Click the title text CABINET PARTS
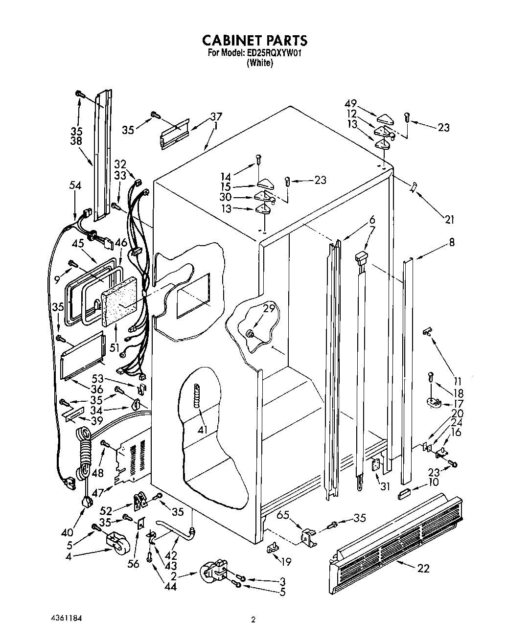click(255, 40)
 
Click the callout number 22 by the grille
click(424, 568)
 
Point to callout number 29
click(269, 309)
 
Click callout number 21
click(450, 220)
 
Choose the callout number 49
click(364, 103)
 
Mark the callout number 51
click(115, 348)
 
